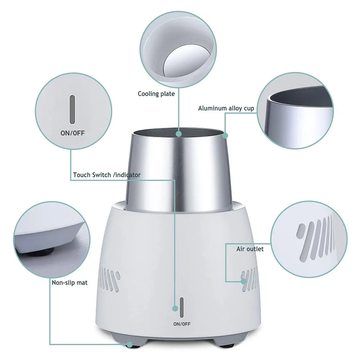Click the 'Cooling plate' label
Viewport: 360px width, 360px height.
pyautogui.click(x=156, y=94)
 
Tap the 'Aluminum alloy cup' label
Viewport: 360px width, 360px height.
pyautogui.click(x=226, y=108)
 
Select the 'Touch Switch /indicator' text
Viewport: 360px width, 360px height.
pyautogui.click(x=107, y=175)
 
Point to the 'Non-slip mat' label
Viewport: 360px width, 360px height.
pyautogui.click(x=70, y=283)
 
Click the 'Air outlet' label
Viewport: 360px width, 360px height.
pyautogui.click(x=250, y=249)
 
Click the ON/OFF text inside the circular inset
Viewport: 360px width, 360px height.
pyautogui.click(x=72, y=133)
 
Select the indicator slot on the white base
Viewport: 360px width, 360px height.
pyautogui.click(x=182, y=307)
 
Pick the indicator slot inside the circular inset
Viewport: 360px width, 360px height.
pyautogui.click(x=72, y=109)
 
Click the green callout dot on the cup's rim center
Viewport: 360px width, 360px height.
pyautogui.click(x=179, y=134)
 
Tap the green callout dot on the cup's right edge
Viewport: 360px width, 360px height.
pyautogui.click(x=225, y=136)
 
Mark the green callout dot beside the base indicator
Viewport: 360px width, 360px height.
pyautogui.click(x=175, y=308)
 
